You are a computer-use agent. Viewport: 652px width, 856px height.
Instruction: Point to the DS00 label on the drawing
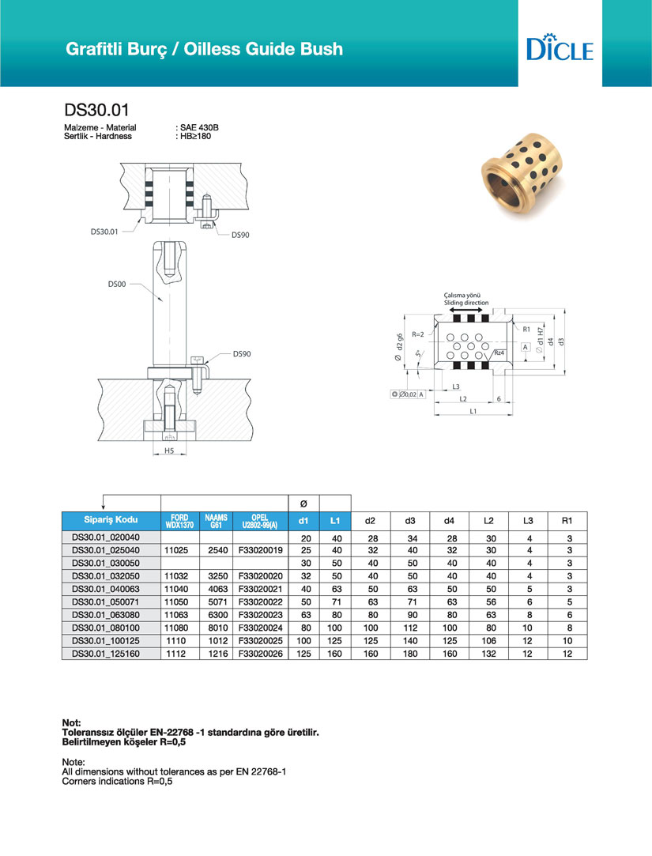click(117, 283)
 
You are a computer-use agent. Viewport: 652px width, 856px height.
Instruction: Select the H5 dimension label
click(169, 451)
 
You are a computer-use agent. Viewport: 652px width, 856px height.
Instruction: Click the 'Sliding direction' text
click(466, 303)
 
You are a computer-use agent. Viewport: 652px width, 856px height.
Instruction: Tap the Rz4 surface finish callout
click(499, 353)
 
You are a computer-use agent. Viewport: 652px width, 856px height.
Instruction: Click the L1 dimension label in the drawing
click(473, 412)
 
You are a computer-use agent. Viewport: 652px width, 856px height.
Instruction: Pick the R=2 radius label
click(419, 334)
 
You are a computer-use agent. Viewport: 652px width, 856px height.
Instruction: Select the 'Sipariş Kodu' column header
click(111, 520)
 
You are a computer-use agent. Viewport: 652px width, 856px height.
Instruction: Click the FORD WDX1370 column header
click(179, 521)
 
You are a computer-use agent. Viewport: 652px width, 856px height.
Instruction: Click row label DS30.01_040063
click(111, 589)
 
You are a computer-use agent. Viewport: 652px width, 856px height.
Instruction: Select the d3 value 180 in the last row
click(409, 654)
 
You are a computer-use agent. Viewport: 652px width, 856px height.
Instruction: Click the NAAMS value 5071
click(214, 601)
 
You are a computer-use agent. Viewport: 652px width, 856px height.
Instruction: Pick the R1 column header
click(567, 521)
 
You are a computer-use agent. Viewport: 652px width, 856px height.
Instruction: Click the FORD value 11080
click(179, 628)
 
